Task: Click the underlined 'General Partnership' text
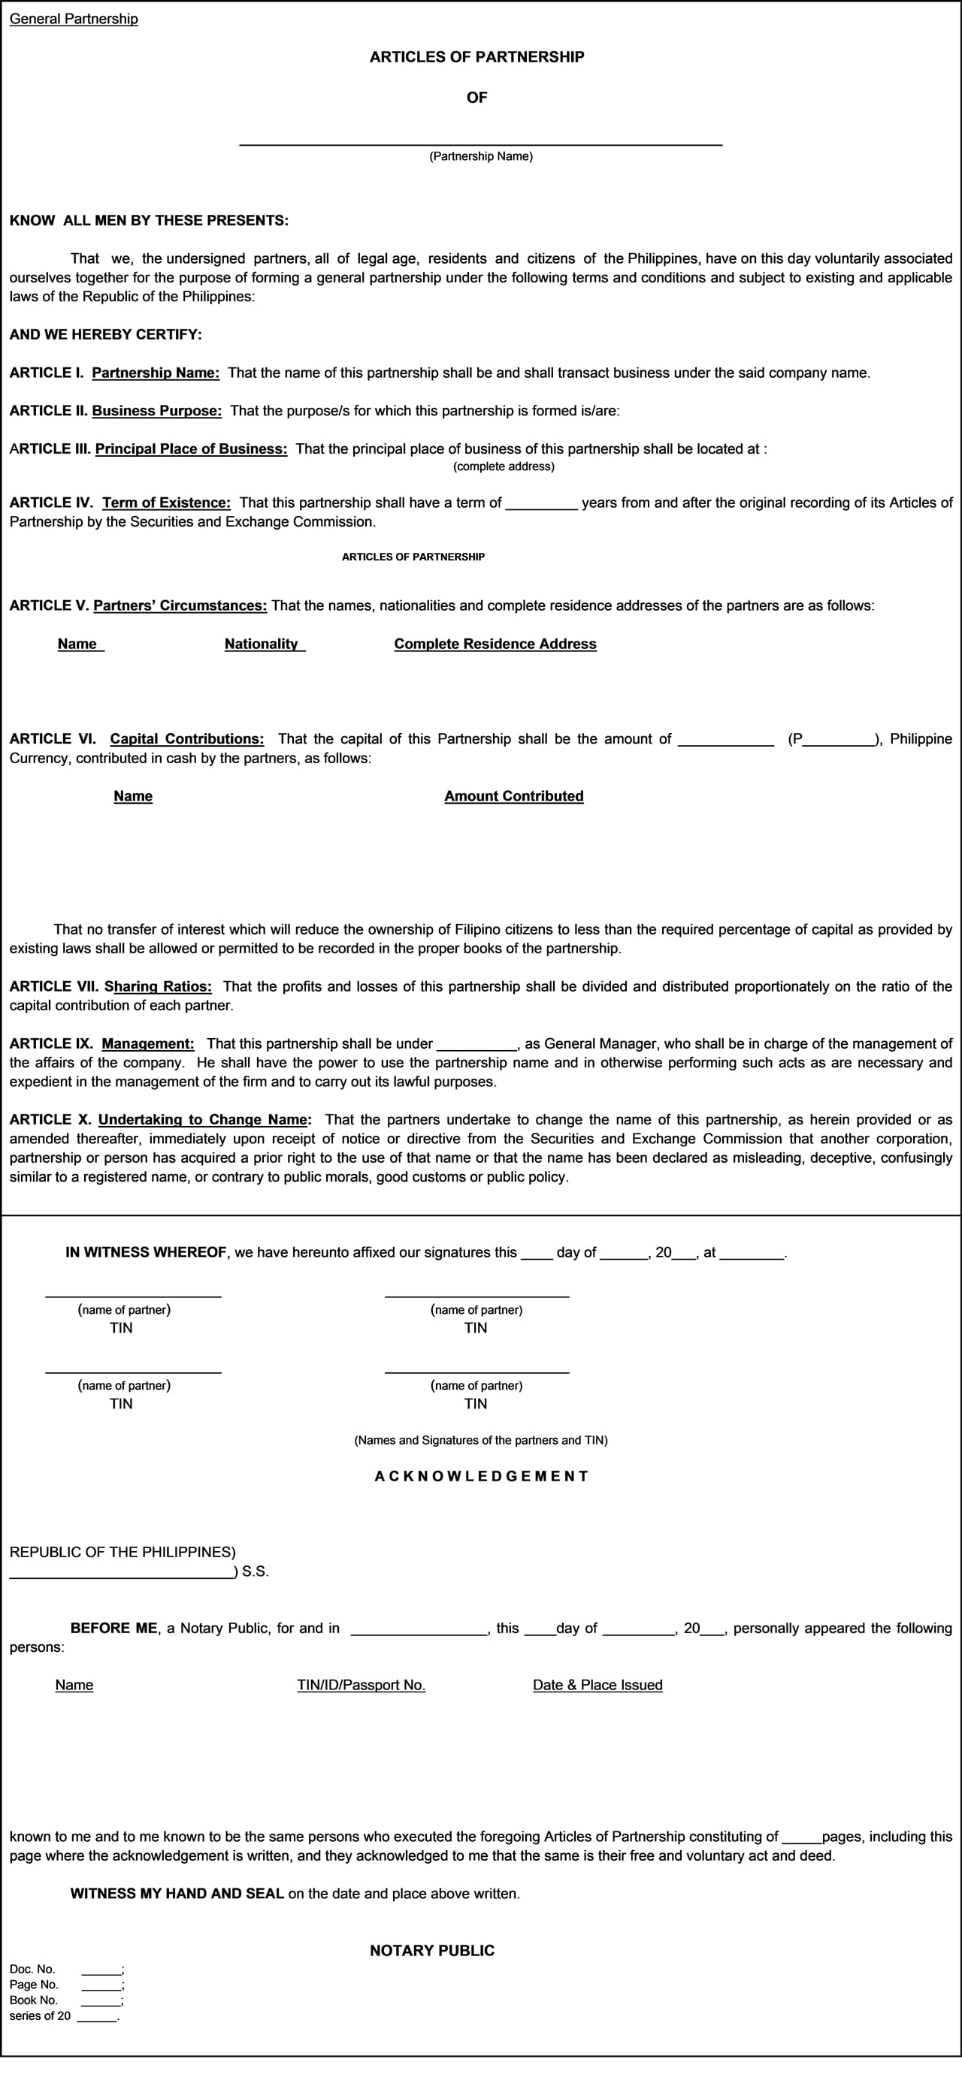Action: click(x=74, y=19)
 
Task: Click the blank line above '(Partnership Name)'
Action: click(x=479, y=143)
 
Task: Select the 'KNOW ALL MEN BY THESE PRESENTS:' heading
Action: click(x=149, y=220)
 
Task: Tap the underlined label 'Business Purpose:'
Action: click(x=156, y=411)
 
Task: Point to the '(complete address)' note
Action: click(x=504, y=466)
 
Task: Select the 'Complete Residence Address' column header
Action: click(x=495, y=645)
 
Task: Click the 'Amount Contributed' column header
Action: click(x=514, y=796)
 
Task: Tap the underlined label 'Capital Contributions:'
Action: click(x=186, y=739)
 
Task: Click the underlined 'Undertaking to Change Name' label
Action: click(x=204, y=1120)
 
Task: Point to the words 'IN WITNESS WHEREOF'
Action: click(x=145, y=1252)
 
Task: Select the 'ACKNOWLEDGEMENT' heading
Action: click(x=482, y=1476)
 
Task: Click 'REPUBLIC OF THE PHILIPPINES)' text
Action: click(x=122, y=1552)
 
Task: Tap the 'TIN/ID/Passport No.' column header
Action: click(x=361, y=1685)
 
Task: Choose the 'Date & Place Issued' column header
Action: click(x=597, y=1685)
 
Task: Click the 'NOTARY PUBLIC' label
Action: click(x=432, y=1950)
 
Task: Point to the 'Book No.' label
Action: click(x=34, y=2000)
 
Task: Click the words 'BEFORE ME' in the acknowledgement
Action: click(x=114, y=1628)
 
